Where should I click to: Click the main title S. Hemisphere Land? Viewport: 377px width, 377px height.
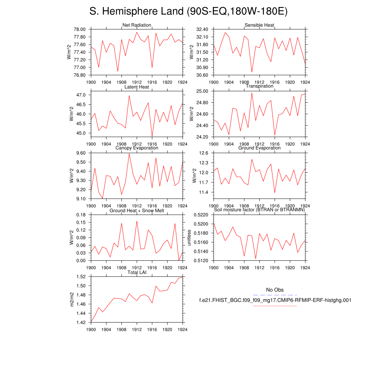pos(188,12)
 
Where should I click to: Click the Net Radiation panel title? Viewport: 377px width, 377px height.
pos(137,25)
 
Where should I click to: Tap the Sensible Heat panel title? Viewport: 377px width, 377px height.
pos(259,25)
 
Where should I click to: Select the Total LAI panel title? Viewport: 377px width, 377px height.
pos(137,272)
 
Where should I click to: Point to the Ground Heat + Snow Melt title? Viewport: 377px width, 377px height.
pos(137,211)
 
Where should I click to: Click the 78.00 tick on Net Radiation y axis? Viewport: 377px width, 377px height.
pos(80,29)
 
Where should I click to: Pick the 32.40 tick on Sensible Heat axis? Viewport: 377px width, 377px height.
pos(202,29)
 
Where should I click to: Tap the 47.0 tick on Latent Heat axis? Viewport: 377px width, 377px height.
pos(82,95)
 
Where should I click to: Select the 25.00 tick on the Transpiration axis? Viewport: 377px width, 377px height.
pos(202,91)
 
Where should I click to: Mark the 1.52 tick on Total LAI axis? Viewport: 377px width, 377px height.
pos(81,277)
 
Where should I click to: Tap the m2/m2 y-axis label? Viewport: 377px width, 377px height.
pos(72,299)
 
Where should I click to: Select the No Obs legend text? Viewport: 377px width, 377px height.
pos(275,290)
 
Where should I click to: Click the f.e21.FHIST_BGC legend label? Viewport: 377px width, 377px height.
pos(275,300)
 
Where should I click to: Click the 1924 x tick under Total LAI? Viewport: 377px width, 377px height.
pos(183,330)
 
